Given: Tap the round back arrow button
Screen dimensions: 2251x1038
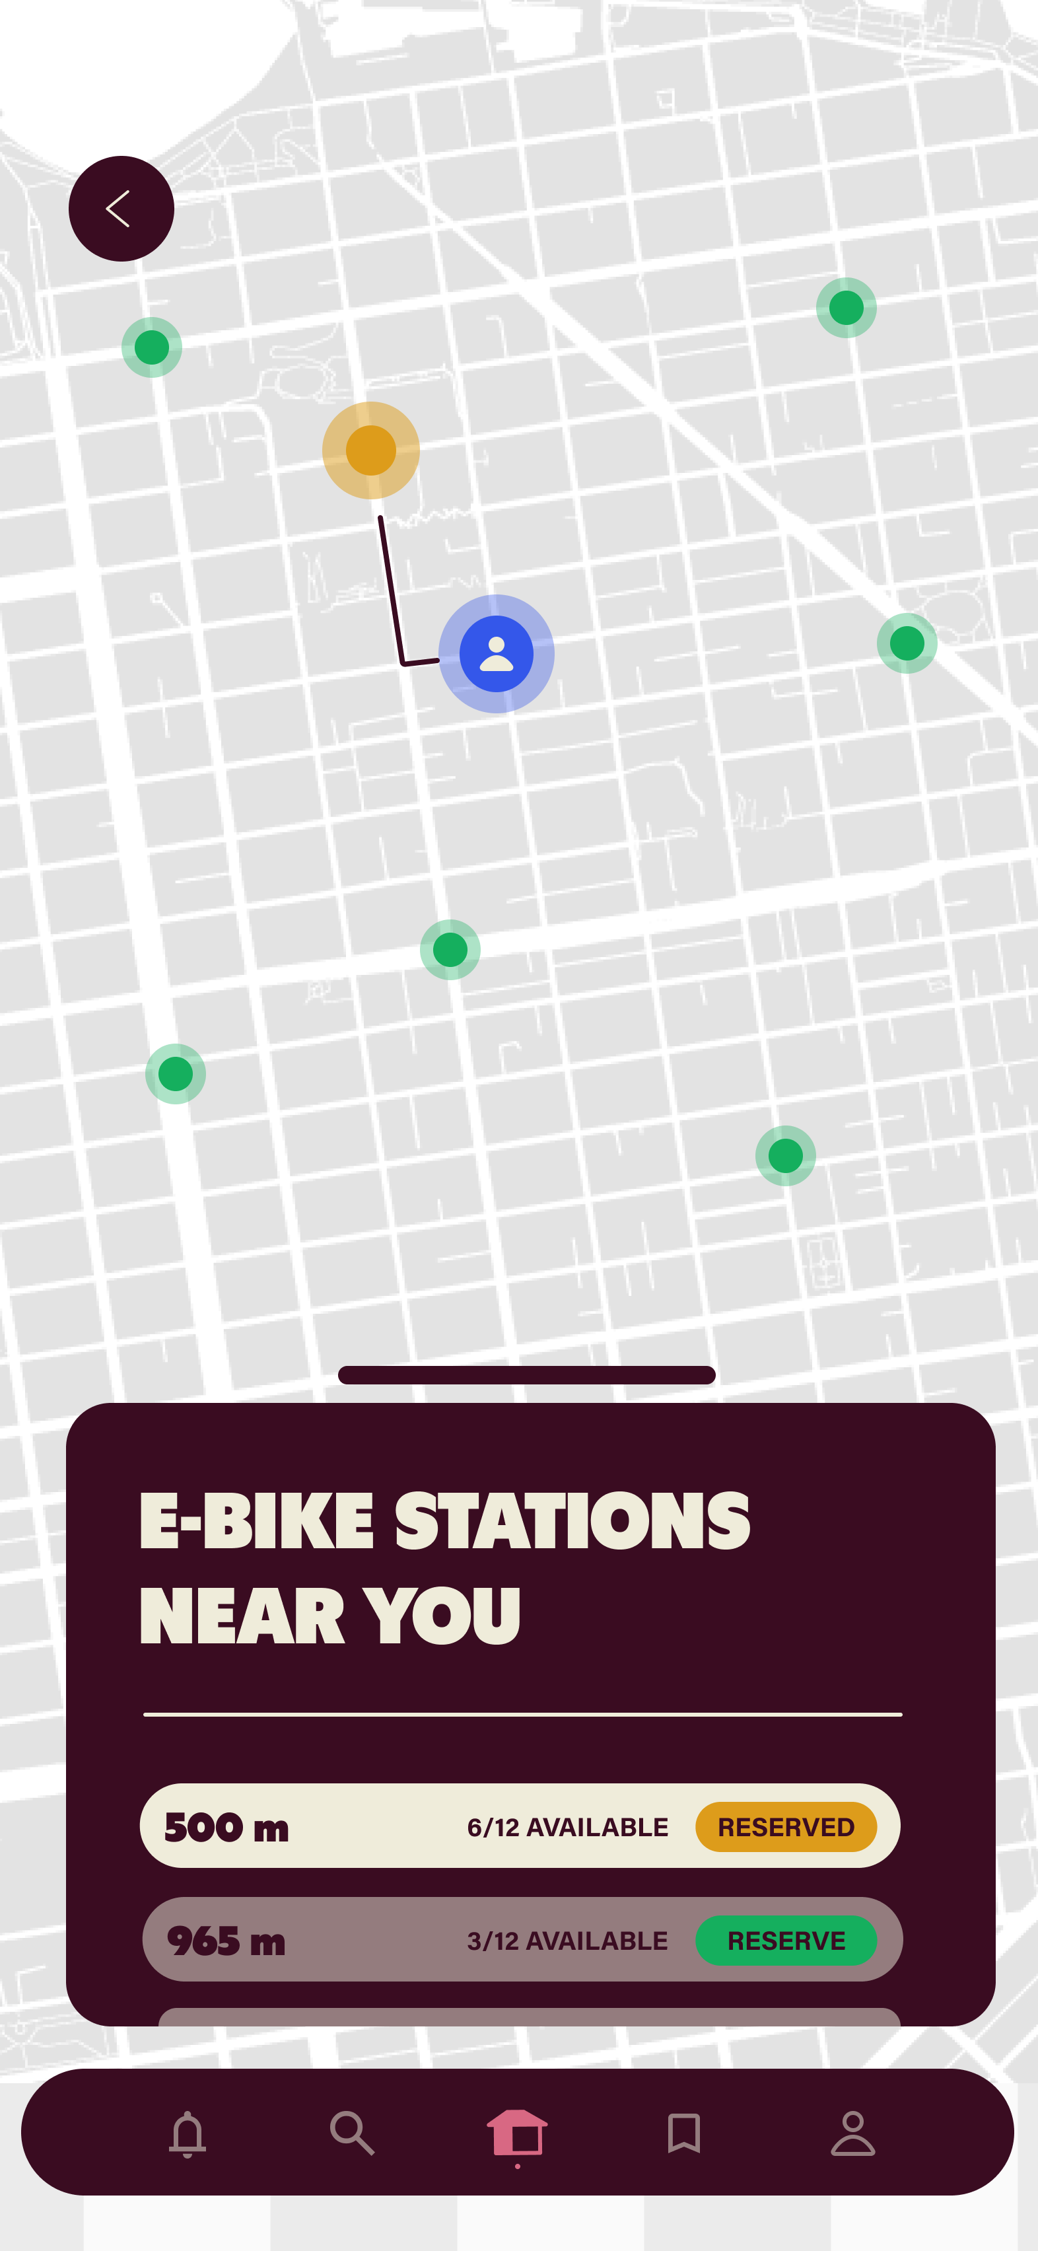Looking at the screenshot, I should (121, 209).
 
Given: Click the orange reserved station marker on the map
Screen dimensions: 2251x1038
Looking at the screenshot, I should (370, 450).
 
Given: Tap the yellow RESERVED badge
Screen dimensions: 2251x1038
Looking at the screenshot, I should (786, 1826).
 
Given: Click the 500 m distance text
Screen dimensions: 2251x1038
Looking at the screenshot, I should (226, 1827).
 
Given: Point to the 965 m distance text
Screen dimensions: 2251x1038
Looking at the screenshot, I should (226, 1941).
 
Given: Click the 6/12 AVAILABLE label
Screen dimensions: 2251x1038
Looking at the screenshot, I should (567, 1827).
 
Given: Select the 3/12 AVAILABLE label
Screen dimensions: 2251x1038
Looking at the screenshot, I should (567, 1941).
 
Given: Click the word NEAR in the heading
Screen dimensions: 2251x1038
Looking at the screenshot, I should (242, 1617).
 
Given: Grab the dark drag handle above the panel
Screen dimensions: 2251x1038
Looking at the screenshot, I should (526, 1375).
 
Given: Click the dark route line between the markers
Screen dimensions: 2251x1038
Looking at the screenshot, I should (390, 590).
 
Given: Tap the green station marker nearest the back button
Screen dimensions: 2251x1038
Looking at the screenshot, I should (152, 347).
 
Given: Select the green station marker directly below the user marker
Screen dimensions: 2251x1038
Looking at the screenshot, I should (450, 949).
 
